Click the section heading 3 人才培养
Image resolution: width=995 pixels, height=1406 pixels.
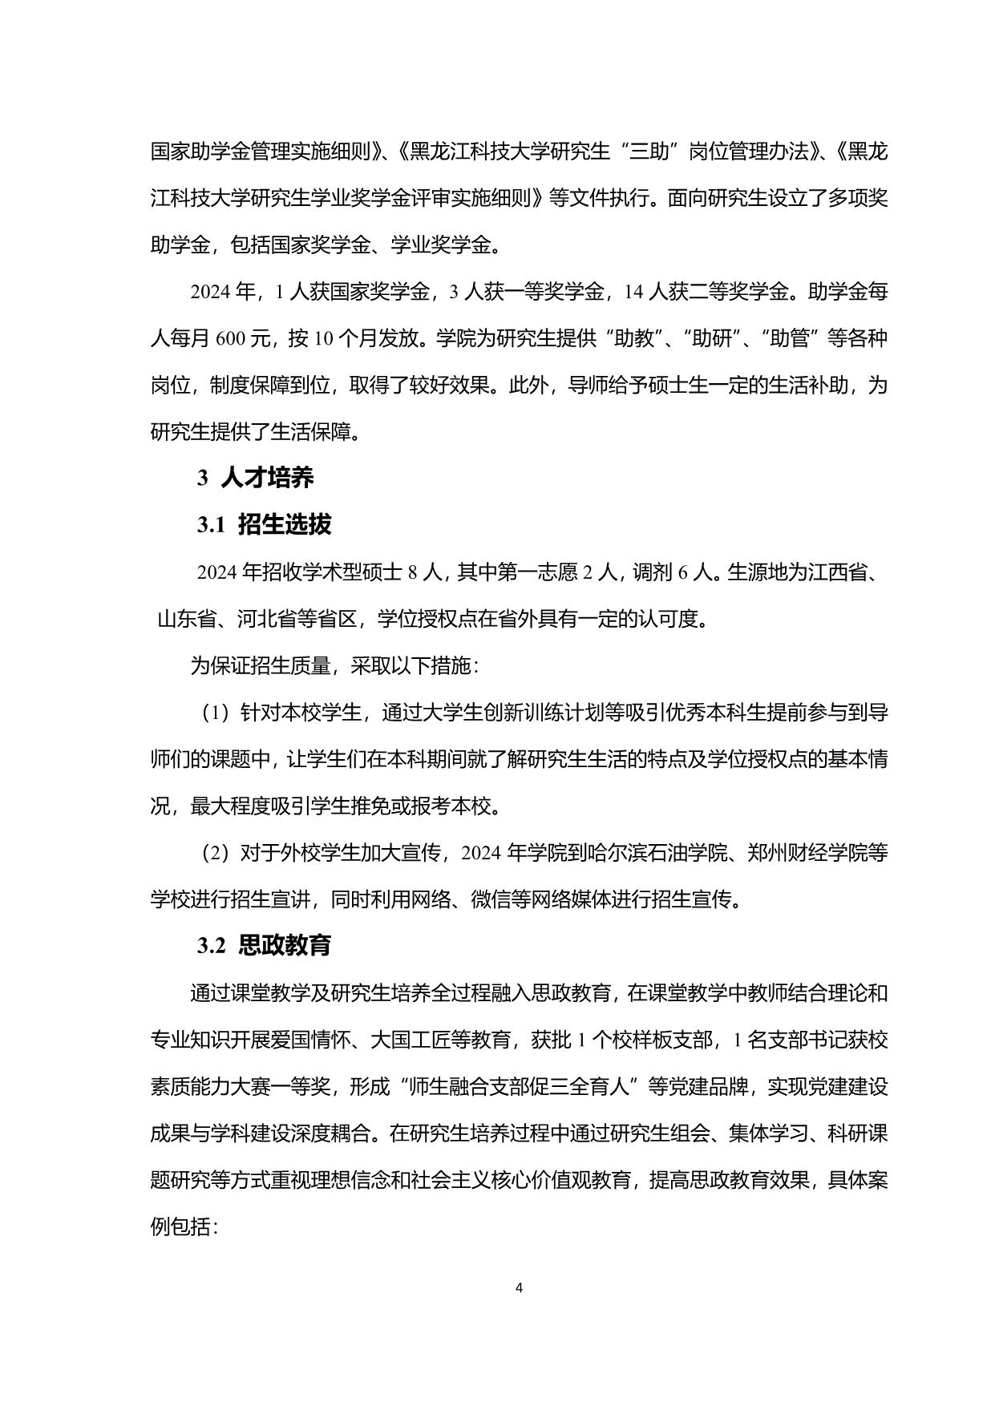pos(256,478)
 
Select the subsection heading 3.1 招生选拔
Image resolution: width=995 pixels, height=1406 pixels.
pos(264,525)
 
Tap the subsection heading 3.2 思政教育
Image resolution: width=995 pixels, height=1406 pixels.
pos(264,946)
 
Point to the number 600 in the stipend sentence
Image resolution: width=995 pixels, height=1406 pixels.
pos(229,338)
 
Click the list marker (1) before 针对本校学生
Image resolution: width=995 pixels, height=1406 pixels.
pos(215,713)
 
